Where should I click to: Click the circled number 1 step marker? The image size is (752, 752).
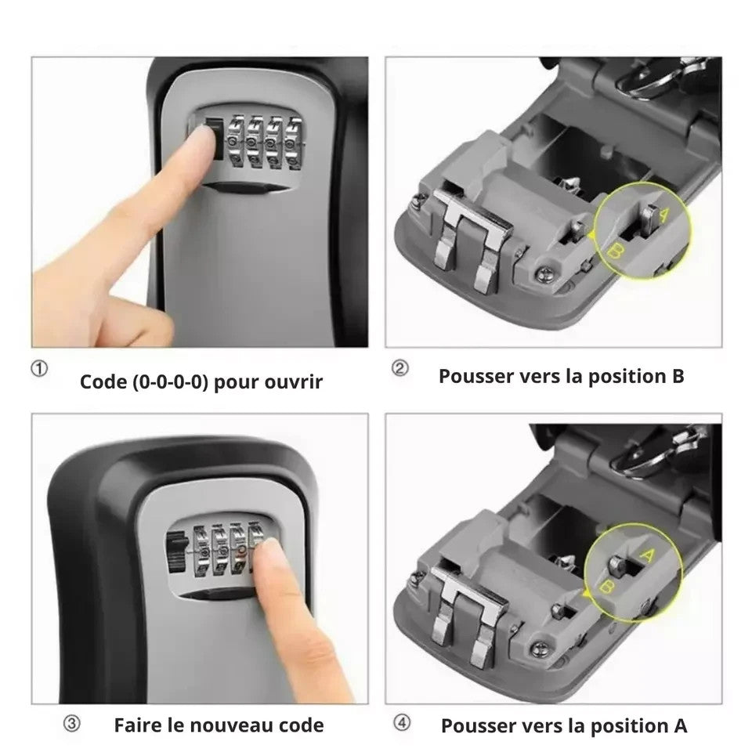click(x=39, y=369)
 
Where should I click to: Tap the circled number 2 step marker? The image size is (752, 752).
click(x=400, y=368)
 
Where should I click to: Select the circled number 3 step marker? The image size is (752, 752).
click(x=72, y=724)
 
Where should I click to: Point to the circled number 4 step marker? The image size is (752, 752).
click(x=402, y=723)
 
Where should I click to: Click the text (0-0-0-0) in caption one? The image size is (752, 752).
click(x=170, y=382)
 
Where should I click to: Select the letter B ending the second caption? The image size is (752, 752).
click(x=678, y=377)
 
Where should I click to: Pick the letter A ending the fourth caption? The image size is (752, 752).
click(x=681, y=726)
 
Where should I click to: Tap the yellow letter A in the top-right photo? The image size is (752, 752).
click(x=663, y=215)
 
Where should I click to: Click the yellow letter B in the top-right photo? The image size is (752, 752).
click(x=616, y=251)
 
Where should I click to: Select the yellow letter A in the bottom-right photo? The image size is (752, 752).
click(x=647, y=556)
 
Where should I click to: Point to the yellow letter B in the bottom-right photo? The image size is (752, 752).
click(x=606, y=587)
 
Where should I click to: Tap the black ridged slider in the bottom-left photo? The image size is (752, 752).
click(x=176, y=552)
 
